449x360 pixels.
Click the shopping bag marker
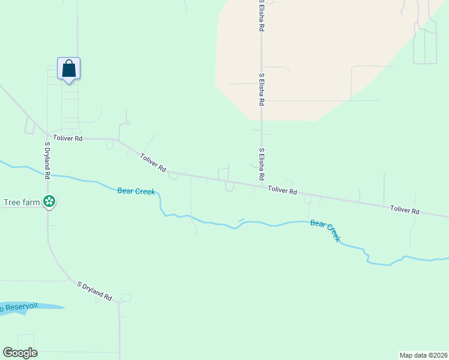[68, 69]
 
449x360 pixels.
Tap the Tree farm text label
[22, 202]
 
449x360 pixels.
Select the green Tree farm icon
[50, 202]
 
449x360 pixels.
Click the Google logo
[20, 353]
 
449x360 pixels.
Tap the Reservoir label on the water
[18, 308]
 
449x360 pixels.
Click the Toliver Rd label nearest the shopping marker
[67, 138]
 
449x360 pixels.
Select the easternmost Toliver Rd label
[404, 210]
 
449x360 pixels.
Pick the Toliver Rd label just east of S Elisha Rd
[282, 190]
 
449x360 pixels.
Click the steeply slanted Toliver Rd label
[153, 163]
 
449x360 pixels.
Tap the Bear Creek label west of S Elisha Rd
[136, 191]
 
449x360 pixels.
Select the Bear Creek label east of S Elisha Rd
[325, 231]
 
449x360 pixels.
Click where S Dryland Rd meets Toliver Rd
[47, 136]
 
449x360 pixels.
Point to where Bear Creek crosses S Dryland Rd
[47, 175]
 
